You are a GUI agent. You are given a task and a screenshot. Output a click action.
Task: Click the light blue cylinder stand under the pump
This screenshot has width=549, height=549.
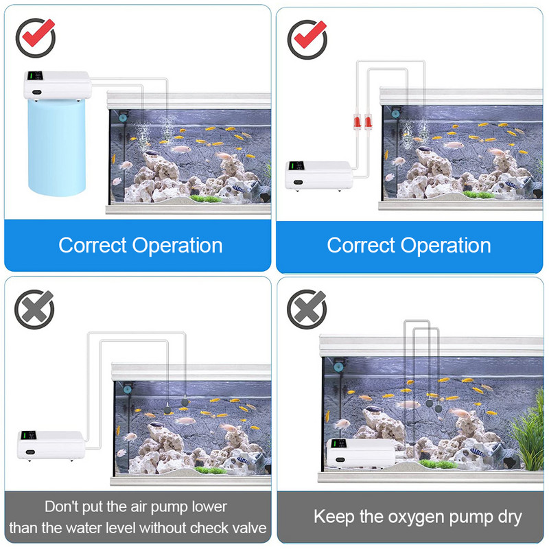(x=57, y=147)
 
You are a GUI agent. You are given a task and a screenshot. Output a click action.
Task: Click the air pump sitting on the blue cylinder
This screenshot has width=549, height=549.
(x=58, y=86)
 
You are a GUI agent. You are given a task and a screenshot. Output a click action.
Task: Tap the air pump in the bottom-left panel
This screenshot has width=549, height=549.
(x=51, y=445)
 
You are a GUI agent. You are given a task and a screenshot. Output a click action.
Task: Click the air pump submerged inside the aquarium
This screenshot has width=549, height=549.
(x=361, y=454)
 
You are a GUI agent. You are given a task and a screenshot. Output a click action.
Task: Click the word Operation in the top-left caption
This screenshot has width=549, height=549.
(x=177, y=245)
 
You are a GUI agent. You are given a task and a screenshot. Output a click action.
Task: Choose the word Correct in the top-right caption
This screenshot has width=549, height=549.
(x=361, y=245)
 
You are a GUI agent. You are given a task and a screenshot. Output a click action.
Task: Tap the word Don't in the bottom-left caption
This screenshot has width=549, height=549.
(x=62, y=506)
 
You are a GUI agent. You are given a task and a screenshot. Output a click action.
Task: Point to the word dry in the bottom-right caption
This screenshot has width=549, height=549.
(x=509, y=517)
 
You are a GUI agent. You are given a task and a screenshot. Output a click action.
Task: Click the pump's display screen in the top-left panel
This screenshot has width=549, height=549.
(x=35, y=76)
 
